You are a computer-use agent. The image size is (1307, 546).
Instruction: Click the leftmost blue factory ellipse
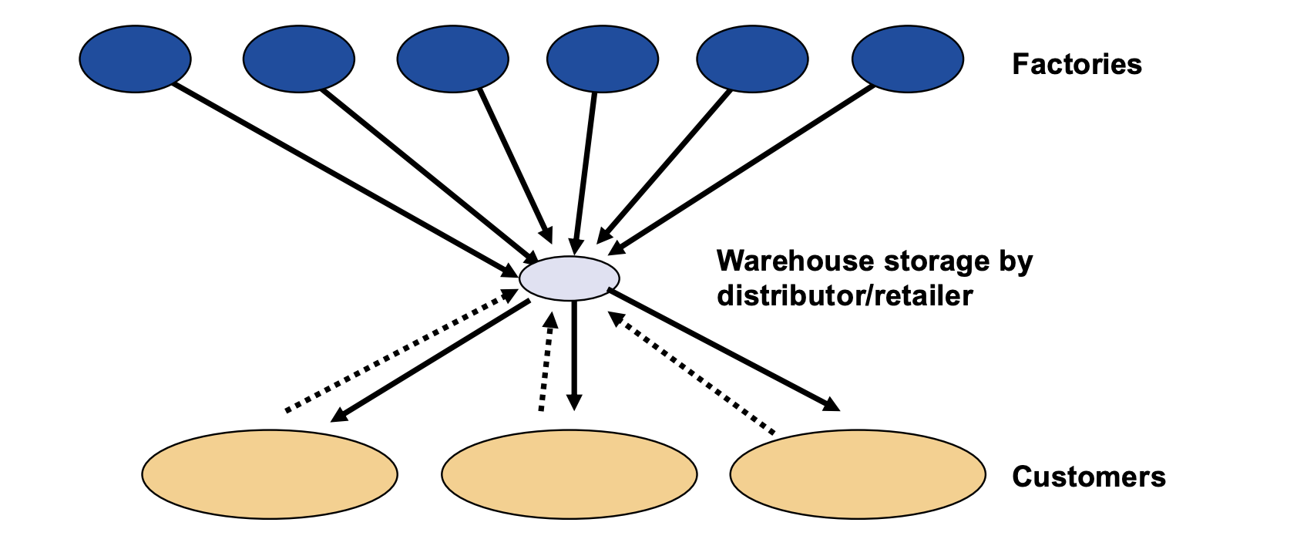135,59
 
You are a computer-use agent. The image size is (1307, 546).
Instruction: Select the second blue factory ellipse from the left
299,59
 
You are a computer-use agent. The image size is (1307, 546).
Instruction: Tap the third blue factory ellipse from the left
452,59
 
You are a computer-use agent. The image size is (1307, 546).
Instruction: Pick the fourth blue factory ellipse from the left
603,59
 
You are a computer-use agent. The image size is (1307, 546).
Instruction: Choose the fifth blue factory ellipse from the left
752,59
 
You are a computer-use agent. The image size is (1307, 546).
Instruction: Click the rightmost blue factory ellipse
908,59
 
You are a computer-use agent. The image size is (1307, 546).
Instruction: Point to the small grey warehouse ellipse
570,278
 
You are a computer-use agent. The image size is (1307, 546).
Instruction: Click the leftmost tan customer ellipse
270,474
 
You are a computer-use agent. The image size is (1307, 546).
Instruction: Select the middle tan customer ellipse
570,474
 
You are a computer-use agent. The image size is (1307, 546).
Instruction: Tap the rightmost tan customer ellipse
858,474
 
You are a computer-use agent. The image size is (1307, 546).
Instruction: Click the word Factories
1077,64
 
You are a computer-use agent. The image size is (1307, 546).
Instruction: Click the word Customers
1088,477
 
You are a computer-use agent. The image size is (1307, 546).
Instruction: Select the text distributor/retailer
845,295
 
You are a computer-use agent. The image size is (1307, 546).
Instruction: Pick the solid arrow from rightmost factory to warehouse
744,169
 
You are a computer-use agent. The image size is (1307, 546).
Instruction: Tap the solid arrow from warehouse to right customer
724,349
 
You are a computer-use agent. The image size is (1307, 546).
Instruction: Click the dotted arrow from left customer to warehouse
401,351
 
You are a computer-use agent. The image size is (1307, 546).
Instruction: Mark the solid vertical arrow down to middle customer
573,355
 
